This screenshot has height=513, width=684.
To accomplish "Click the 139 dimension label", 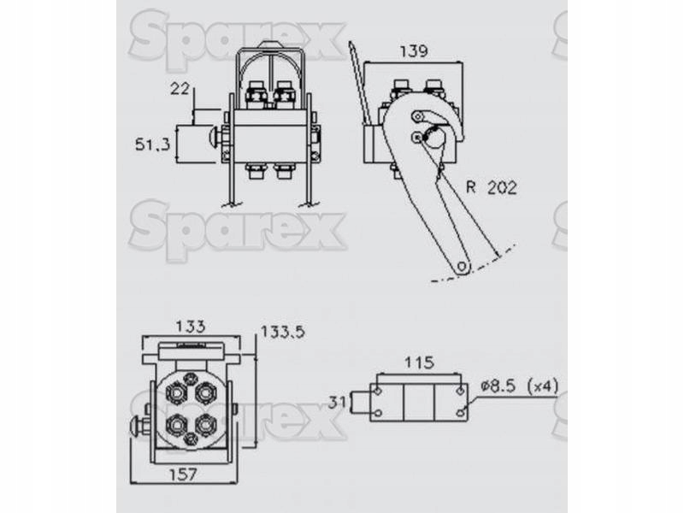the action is click(414, 51).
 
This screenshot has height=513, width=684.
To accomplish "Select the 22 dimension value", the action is click(180, 89).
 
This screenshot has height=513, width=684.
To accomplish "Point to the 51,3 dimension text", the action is click(152, 144).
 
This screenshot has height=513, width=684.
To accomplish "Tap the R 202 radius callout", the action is click(492, 187).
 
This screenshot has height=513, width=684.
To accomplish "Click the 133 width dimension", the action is click(190, 326).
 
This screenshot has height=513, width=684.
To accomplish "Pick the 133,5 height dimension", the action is click(283, 332).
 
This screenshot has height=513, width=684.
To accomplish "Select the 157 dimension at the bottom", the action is click(183, 475).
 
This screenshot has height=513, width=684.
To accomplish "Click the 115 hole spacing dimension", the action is click(419, 362).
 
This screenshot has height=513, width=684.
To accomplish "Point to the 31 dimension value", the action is click(337, 402).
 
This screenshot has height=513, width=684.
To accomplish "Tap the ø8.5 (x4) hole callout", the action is click(519, 386).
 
